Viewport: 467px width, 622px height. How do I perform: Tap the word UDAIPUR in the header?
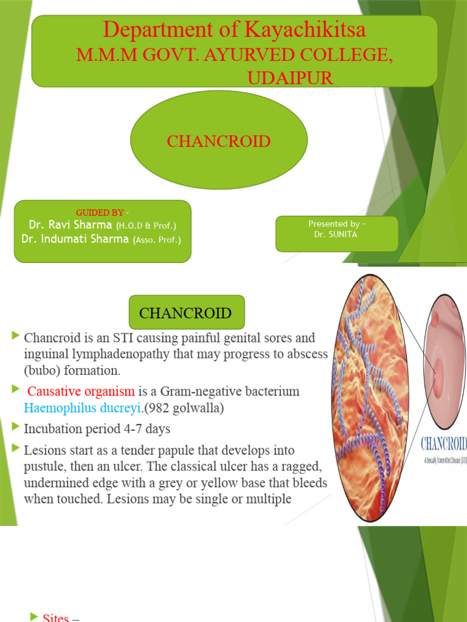[x=290, y=78]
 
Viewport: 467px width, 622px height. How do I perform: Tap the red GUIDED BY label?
[x=100, y=212]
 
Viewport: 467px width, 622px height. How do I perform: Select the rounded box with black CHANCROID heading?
[x=185, y=313]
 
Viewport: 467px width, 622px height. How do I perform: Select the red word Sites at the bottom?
[x=55, y=618]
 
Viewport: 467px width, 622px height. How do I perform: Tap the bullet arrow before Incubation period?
[x=16, y=428]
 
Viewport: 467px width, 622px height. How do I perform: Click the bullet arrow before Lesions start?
[x=16, y=449]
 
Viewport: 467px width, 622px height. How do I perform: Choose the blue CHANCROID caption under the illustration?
[x=443, y=443]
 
